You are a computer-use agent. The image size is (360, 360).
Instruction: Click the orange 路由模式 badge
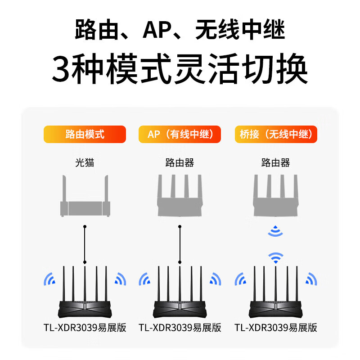tap(85, 134)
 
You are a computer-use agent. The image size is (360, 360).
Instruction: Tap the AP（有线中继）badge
tap(180, 134)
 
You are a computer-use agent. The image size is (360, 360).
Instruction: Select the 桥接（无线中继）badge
tap(276, 134)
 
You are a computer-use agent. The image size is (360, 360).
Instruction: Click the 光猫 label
tap(85, 162)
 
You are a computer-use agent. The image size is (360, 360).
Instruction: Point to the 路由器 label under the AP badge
tap(180, 162)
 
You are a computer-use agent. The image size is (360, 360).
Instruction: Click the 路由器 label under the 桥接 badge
tap(276, 162)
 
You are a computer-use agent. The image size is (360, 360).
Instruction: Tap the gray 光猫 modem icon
tap(85, 200)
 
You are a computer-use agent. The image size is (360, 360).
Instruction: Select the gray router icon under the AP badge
tap(180, 198)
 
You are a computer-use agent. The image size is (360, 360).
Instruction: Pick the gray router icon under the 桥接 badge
tap(276, 198)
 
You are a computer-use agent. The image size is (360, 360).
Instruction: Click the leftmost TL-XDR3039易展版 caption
tap(85, 328)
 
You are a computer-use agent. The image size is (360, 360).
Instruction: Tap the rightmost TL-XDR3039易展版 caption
tap(276, 328)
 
